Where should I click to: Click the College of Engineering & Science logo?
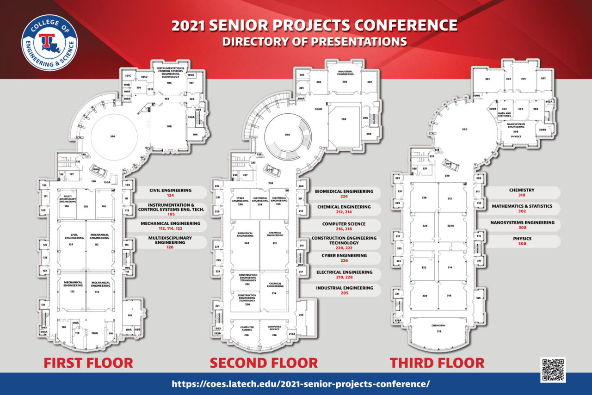49,43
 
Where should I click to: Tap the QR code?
553,370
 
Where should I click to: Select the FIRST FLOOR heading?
88,363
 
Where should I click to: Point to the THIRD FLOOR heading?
437,363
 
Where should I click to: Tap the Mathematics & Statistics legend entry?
522,209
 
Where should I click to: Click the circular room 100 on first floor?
112,136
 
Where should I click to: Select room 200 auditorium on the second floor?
287,135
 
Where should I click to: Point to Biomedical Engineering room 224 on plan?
246,242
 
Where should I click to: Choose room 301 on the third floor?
487,80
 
